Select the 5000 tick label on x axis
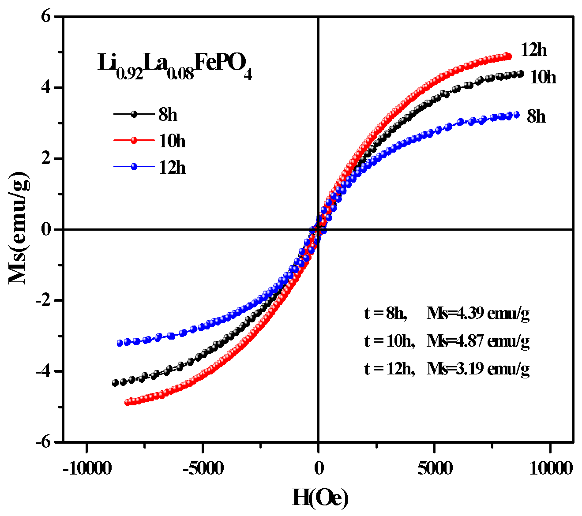(435, 468)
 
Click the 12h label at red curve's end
(533, 50)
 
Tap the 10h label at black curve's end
(543, 77)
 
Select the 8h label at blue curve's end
(536, 116)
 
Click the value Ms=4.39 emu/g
(477, 314)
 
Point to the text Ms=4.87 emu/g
(477, 341)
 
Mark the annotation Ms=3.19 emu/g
(477, 368)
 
